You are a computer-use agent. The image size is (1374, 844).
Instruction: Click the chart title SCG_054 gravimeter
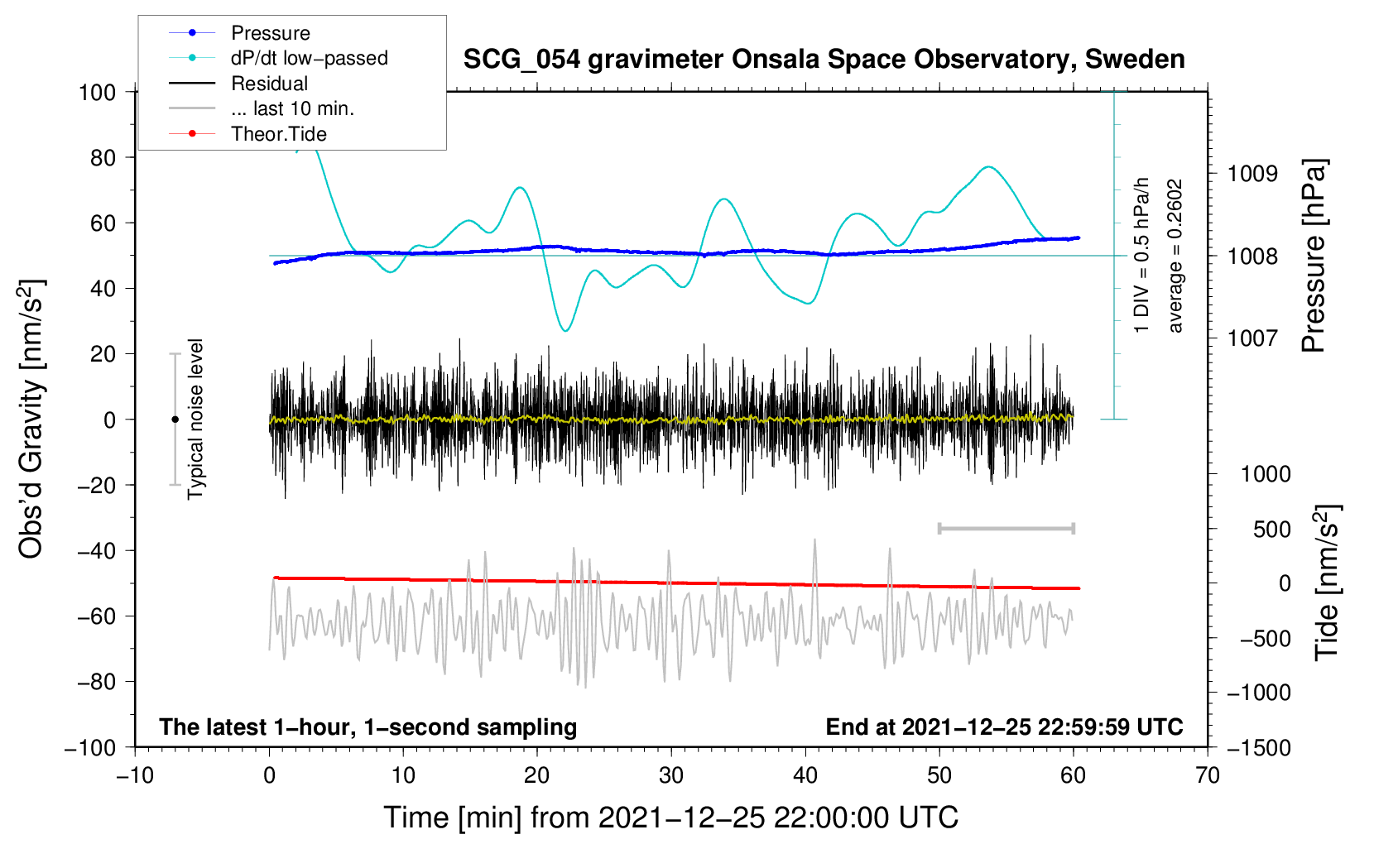click(x=824, y=60)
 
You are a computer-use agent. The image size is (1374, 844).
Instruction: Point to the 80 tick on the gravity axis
click(x=103, y=158)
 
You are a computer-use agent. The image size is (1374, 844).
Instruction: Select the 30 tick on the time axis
click(x=671, y=776)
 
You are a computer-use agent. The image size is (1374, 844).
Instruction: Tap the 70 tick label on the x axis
click(x=1207, y=776)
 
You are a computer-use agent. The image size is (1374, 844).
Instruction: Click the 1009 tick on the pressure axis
click(x=1252, y=174)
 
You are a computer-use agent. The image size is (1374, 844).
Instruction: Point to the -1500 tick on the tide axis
click(x=1259, y=748)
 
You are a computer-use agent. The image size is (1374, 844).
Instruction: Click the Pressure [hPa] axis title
click(x=1314, y=256)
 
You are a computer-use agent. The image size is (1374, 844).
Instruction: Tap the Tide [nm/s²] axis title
click(x=1328, y=583)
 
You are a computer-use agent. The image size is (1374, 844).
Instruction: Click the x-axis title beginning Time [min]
click(x=671, y=818)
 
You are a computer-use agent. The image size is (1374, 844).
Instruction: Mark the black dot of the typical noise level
click(x=175, y=420)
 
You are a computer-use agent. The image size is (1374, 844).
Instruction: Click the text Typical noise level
click(x=195, y=420)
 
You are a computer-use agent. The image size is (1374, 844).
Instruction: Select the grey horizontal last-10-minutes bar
click(x=1006, y=529)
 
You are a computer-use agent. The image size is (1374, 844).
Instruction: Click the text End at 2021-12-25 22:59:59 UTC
click(x=1004, y=727)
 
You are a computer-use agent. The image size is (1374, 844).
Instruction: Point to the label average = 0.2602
click(x=1175, y=256)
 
